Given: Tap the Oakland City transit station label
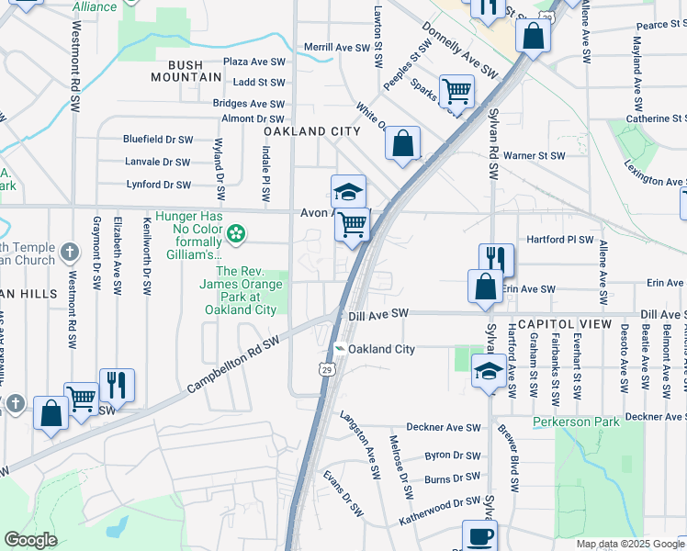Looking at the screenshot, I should coord(382,350).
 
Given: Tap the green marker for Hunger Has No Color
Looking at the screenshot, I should coord(236,234).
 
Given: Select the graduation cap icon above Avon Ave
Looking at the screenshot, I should coord(348,191).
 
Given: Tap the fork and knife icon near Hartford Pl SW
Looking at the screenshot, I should coord(496,258).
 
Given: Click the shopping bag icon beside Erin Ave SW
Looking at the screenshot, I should coord(484,286).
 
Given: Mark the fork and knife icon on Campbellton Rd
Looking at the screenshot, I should coord(117,384).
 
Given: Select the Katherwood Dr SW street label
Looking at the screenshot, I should coord(439,512).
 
